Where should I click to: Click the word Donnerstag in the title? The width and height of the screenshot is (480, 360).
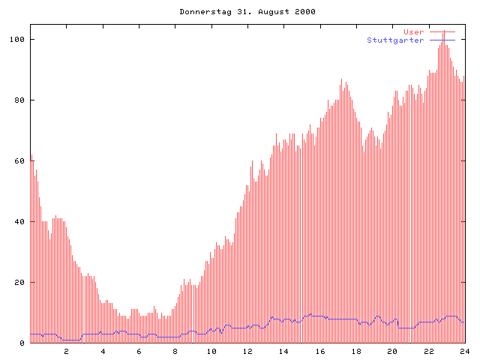(202, 12)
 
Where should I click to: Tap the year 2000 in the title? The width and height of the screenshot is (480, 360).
(303, 12)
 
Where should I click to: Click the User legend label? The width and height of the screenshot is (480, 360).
(414, 32)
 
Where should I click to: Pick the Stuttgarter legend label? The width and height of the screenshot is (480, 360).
(395, 40)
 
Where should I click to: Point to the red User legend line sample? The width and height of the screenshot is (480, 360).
(442, 32)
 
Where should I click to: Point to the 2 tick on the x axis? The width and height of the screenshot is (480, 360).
(66, 351)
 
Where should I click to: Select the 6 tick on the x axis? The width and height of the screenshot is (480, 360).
(139, 351)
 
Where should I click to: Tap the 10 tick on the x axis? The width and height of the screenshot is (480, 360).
(211, 351)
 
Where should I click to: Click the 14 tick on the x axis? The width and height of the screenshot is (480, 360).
(283, 351)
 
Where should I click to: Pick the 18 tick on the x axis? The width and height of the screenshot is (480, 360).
(356, 351)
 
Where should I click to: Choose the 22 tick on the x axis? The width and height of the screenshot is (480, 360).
(429, 351)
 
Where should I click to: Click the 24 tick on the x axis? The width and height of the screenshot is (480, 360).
(464, 351)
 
